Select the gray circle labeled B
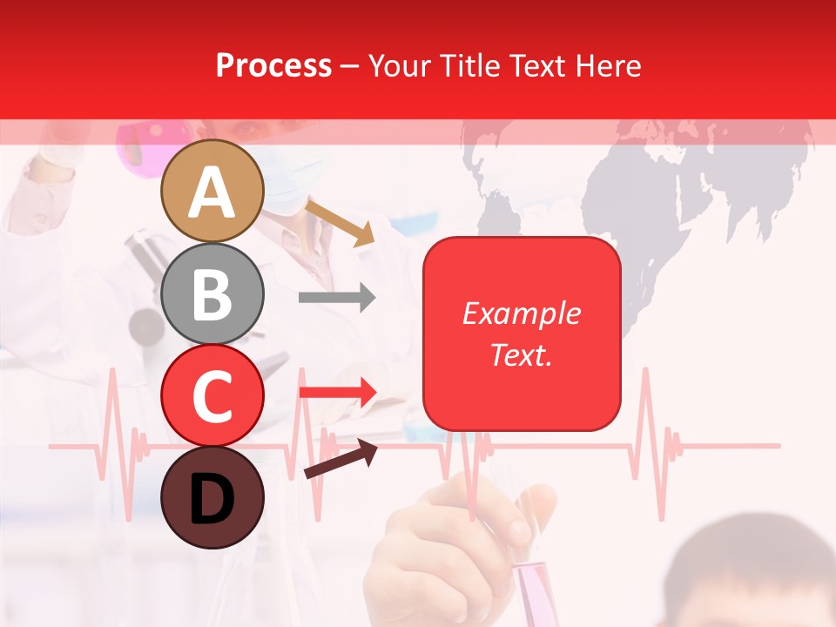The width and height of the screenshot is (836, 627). click(212, 293)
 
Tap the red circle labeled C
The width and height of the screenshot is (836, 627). click(212, 395)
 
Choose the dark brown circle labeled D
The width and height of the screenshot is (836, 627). click(212, 497)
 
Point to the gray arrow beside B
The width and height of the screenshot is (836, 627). click(337, 298)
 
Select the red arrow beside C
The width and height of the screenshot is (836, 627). click(337, 392)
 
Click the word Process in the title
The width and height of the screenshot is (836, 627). click(273, 65)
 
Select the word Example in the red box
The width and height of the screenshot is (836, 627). click(521, 313)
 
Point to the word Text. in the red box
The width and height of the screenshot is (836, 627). click(521, 354)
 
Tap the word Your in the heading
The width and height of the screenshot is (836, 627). click(396, 65)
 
